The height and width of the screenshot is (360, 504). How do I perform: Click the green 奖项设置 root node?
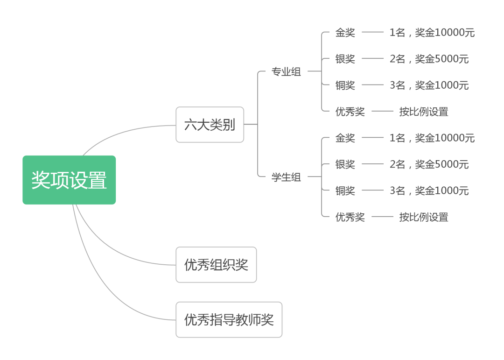pyautogui.click(x=69, y=180)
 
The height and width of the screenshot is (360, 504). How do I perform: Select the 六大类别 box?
pyautogui.click(x=210, y=125)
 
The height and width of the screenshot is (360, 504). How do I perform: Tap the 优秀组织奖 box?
pyautogui.click(x=216, y=265)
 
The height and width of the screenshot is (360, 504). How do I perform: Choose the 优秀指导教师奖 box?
pyautogui.click(x=229, y=320)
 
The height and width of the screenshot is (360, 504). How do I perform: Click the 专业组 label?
pyautogui.click(x=286, y=72)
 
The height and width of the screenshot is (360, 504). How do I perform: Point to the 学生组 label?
pyautogui.click(x=286, y=177)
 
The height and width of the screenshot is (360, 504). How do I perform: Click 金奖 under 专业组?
pyautogui.click(x=345, y=33)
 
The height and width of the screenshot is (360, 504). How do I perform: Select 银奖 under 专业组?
pyautogui.click(x=345, y=59)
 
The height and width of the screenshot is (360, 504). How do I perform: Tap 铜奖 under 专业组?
pyautogui.click(x=345, y=85)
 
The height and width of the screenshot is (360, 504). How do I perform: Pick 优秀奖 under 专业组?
pyautogui.click(x=350, y=112)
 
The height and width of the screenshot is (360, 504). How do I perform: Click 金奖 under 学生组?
pyautogui.click(x=345, y=138)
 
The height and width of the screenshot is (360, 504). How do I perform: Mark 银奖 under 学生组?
pyautogui.click(x=345, y=164)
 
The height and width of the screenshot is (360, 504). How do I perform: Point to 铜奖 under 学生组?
pyautogui.click(x=345, y=191)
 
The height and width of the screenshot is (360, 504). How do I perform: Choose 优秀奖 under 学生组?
pyautogui.click(x=350, y=217)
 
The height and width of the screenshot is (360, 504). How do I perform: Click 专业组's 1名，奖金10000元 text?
pyautogui.click(x=432, y=33)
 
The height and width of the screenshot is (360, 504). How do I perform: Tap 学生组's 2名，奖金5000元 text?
pyautogui.click(x=429, y=164)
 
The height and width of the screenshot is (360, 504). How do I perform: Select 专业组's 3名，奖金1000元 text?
pyautogui.click(x=429, y=85)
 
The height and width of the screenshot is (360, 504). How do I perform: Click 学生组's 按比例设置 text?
pyautogui.click(x=423, y=217)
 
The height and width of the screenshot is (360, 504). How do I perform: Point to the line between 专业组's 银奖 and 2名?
pyautogui.click(x=372, y=59)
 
